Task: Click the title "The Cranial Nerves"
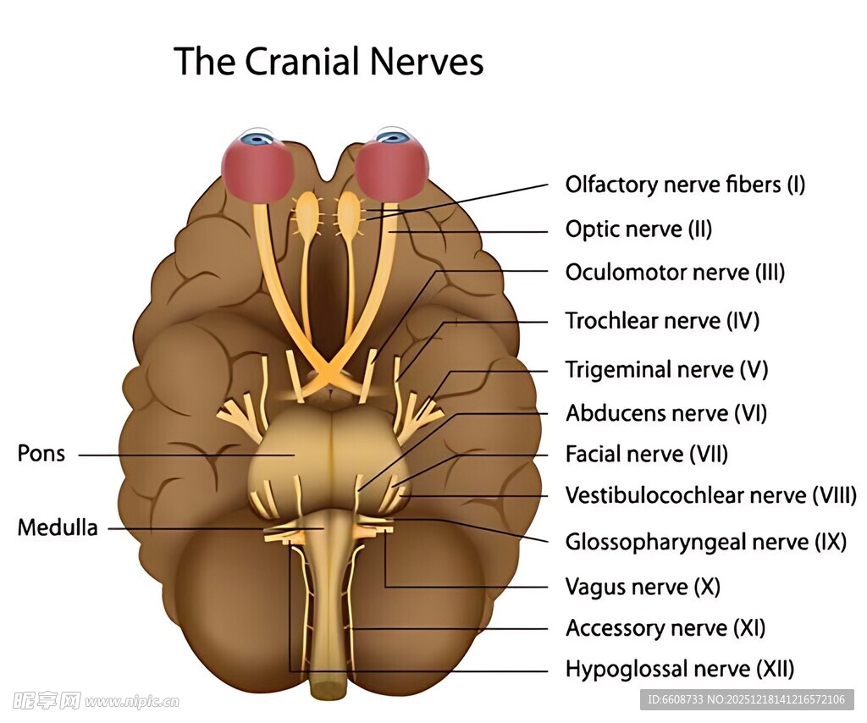pyautogui.click(x=329, y=62)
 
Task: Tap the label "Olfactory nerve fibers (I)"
pyautogui.click(x=685, y=185)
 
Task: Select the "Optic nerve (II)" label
pyautogui.click(x=638, y=229)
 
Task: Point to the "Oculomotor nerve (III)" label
pyautogui.click(x=675, y=273)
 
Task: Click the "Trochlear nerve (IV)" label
pyautogui.click(x=662, y=321)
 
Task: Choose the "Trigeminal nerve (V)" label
pyautogui.click(x=666, y=370)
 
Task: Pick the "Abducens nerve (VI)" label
pyautogui.click(x=665, y=413)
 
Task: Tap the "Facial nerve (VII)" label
pyautogui.click(x=646, y=455)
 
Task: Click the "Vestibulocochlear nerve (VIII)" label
pyautogui.click(x=710, y=495)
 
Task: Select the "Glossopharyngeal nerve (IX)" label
pyautogui.click(x=705, y=542)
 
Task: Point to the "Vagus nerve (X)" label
pyautogui.click(x=642, y=587)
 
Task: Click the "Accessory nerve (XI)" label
pyautogui.click(x=665, y=628)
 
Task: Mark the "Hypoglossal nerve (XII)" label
pyautogui.click(x=679, y=670)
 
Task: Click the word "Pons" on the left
pyautogui.click(x=41, y=454)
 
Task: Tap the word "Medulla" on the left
pyautogui.click(x=58, y=528)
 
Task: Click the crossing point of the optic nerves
pyautogui.click(x=325, y=372)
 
